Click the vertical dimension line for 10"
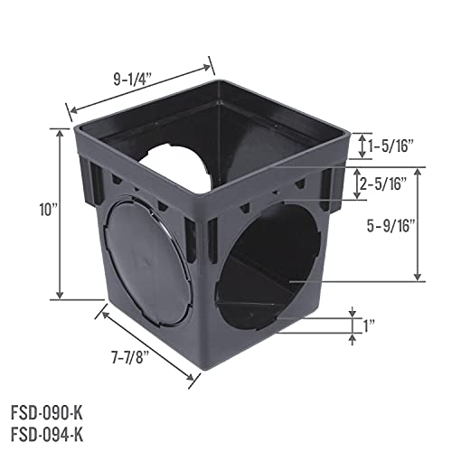(x=61, y=213)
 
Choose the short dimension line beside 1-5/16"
(x=363, y=144)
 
